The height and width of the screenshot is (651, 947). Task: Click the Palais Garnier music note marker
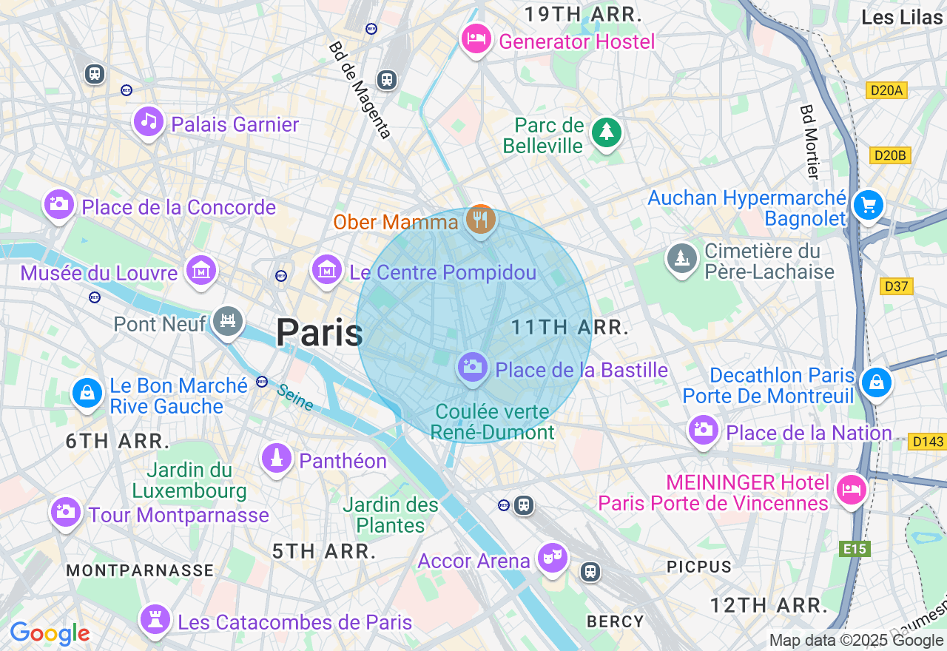click(149, 122)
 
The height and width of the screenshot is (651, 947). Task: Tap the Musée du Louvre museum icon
click(201, 271)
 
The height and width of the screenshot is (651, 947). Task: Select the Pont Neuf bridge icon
click(227, 321)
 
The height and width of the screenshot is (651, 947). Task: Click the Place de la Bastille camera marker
click(472, 366)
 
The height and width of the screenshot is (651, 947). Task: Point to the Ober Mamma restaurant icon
click(481, 219)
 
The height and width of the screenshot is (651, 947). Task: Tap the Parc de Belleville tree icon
click(607, 132)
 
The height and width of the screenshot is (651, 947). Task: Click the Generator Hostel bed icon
click(476, 38)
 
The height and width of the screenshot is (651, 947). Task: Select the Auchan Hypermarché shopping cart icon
click(868, 205)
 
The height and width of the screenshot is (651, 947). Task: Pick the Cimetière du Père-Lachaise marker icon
click(681, 258)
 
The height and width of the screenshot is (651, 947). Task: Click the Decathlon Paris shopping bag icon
click(876, 382)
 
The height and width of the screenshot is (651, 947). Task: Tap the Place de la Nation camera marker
click(703, 429)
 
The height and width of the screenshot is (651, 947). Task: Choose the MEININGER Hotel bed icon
click(851, 490)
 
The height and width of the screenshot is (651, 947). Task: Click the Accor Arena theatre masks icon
click(552, 557)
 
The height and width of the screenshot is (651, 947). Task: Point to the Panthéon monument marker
click(277, 458)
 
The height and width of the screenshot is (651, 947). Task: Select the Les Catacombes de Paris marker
click(155, 619)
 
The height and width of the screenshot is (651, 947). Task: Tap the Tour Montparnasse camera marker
click(65, 511)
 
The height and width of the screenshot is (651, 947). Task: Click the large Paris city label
click(319, 333)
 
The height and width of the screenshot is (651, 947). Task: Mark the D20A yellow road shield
click(886, 90)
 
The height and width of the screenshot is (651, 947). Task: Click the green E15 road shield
click(855, 549)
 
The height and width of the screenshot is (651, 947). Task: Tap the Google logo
click(50, 634)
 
